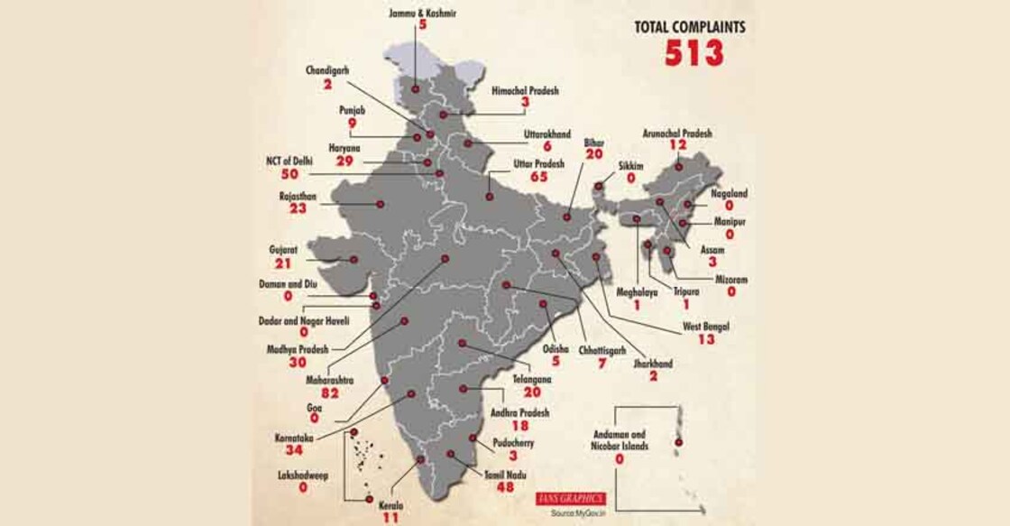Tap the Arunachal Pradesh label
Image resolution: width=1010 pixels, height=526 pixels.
click(x=676, y=133)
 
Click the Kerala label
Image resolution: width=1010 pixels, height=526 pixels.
click(x=390, y=505)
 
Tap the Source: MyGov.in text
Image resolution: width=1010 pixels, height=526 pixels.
click(x=578, y=513)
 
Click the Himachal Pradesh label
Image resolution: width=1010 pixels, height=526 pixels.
click(x=525, y=91)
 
